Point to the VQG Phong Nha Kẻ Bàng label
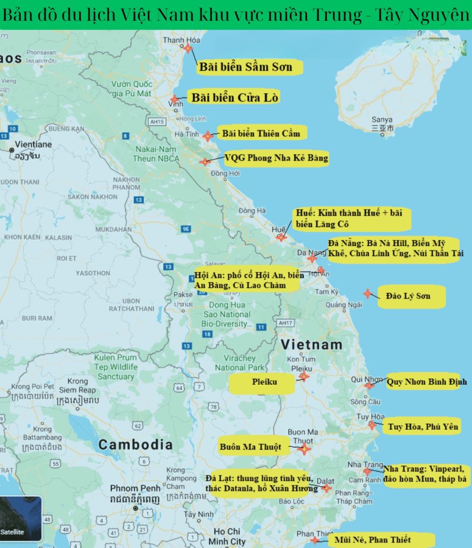click(275, 158)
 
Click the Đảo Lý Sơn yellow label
click(411, 296)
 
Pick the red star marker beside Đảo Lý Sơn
click(367, 293)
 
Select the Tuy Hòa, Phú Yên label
click(423, 427)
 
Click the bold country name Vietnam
click(312, 344)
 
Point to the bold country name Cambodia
click(136, 444)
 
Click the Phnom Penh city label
click(135, 488)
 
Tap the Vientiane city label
click(33, 144)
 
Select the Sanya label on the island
click(383, 120)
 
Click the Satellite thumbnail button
click(20, 519)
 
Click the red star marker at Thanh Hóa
click(188, 48)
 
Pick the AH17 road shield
click(286, 323)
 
